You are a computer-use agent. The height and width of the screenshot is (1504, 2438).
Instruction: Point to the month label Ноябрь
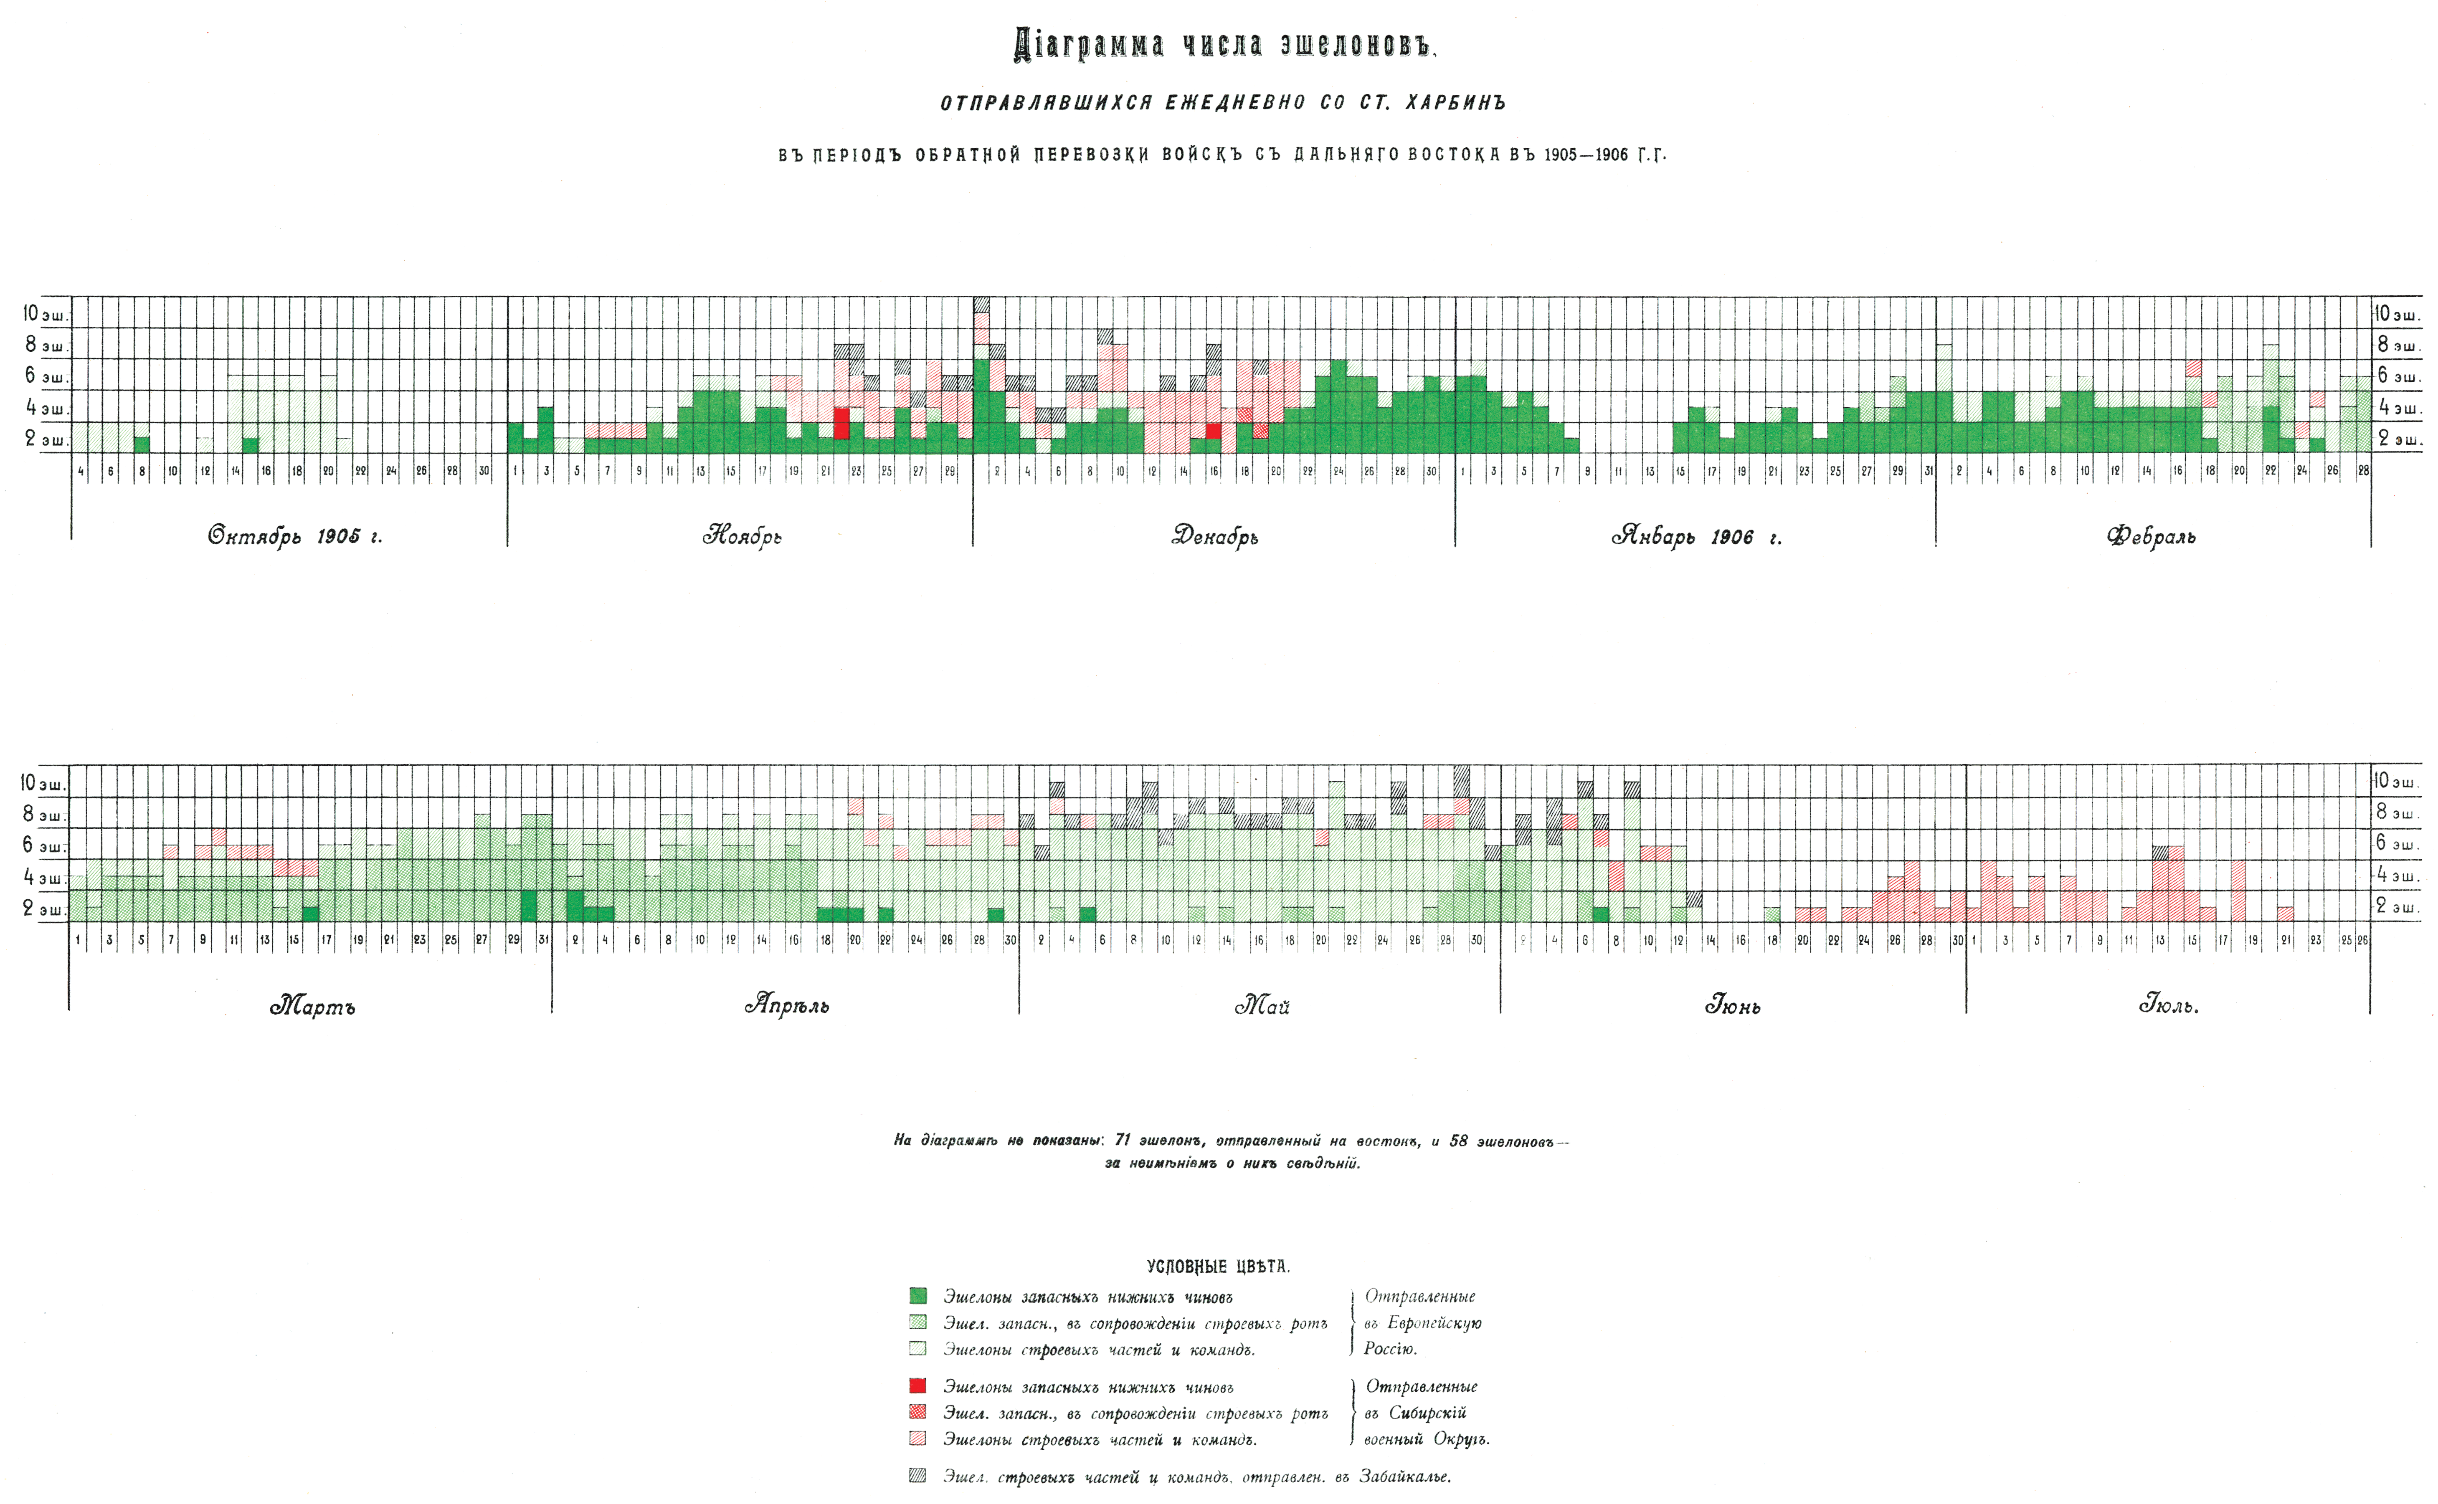(x=741, y=536)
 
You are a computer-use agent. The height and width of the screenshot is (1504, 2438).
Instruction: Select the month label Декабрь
(x=1214, y=536)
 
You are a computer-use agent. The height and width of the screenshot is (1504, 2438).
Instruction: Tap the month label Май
(x=1262, y=1007)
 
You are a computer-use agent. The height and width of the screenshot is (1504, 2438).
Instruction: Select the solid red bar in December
(x=1213, y=431)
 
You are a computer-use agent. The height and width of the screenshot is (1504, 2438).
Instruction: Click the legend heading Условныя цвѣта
(x=1218, y=1266)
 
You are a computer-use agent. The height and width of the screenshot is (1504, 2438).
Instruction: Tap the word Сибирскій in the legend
(x=1428, y=1413)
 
